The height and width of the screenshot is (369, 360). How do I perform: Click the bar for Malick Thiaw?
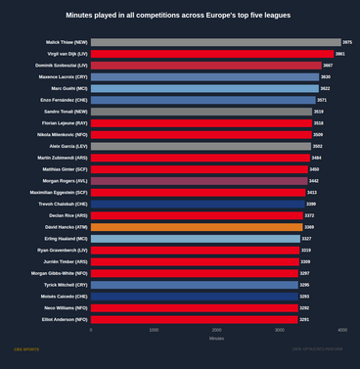(x=216, y=42)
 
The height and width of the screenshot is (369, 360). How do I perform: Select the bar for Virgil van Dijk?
(x=212, y=54)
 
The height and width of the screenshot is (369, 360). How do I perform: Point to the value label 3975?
(x=347, y=42)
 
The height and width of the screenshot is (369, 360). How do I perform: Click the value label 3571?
(x=322, y=100)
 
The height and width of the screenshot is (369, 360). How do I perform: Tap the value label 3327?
(x=306, y=239)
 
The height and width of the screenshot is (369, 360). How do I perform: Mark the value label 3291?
(x=304, y=319)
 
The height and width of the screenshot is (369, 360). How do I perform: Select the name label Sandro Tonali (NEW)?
(x=64, y=112)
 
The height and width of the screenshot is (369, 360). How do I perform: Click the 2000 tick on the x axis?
(x=216, y=330)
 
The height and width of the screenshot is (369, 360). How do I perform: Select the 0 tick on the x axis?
(x=91, y=330)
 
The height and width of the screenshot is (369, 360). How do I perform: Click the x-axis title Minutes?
(x=216, y=339)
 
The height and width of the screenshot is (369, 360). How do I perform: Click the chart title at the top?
(x=179, y=16)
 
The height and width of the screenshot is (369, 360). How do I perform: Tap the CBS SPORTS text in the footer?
(x=25, y=349)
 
